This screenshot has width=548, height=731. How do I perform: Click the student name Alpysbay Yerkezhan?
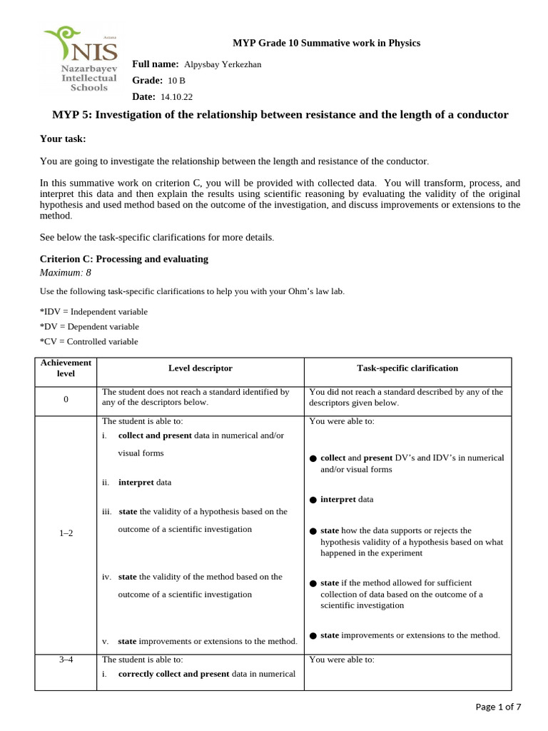[x=223, y=65]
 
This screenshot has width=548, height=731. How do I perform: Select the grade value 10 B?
[x=176, y=81]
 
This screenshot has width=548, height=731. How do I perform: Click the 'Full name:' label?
[x=155, y=64]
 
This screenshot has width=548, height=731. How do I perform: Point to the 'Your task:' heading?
[x=62, y=138]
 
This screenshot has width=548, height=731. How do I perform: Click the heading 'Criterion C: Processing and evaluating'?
[x=124, y=259]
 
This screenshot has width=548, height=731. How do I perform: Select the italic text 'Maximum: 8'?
[x=65, y=272]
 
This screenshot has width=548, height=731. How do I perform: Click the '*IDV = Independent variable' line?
[x=93, y=311]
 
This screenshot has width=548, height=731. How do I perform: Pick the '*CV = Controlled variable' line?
[x=89, y=341]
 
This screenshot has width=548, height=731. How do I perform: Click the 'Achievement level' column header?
[x=66, y=368]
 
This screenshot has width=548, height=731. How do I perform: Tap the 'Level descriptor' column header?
[x=200, y=368]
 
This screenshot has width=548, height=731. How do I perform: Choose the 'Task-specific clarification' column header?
[x=407, y=368]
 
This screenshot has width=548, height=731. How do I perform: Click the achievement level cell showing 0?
[x=66, y=398]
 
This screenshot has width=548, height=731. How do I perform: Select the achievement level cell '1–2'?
[x=66, y=534]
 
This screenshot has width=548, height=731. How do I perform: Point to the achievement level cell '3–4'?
[x=66, y=660]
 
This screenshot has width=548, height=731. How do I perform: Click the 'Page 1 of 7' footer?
[x=498, y=707]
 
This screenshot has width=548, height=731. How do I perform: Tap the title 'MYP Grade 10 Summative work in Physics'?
[x=326, y=43]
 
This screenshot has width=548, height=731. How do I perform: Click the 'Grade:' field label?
[x=148, y=81]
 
